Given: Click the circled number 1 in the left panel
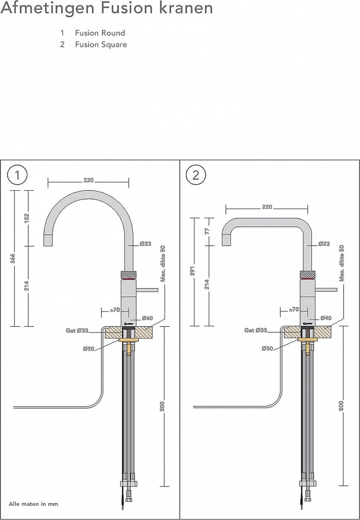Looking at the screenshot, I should point(17,175).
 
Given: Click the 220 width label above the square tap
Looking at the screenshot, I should point(267,207).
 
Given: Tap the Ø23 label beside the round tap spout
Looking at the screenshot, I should point(145,244).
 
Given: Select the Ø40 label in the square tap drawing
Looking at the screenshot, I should point(326,318).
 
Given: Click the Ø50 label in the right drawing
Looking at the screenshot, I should point(267,348).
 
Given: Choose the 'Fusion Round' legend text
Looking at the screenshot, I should point(100,33).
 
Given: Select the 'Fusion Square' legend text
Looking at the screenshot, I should point(101,44).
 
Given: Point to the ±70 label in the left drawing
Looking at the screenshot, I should point(115,309).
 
